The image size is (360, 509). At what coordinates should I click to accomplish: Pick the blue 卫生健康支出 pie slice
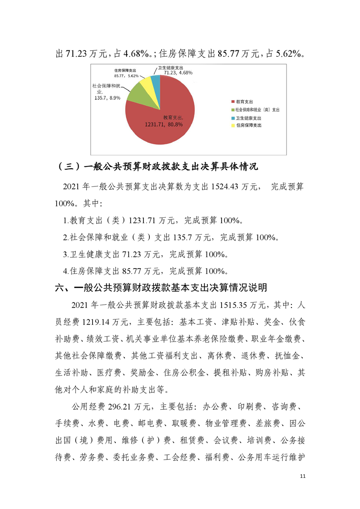[x=156, y=81]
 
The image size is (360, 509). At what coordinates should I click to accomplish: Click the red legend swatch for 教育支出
[x=232, y=102]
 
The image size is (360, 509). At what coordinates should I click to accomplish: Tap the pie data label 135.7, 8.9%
[x=107, y=97]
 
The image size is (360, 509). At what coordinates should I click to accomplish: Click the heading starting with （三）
[x=158, y=167]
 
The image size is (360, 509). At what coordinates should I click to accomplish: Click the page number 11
[x=304, y=476]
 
